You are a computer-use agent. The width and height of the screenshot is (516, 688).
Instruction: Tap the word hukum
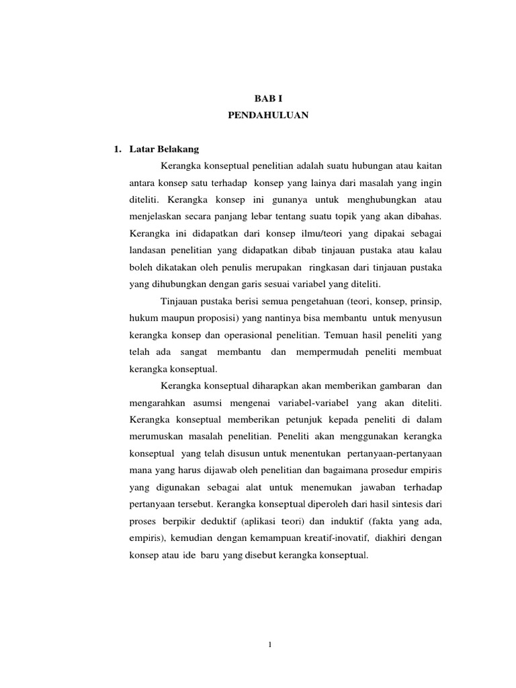tap(140, 317)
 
